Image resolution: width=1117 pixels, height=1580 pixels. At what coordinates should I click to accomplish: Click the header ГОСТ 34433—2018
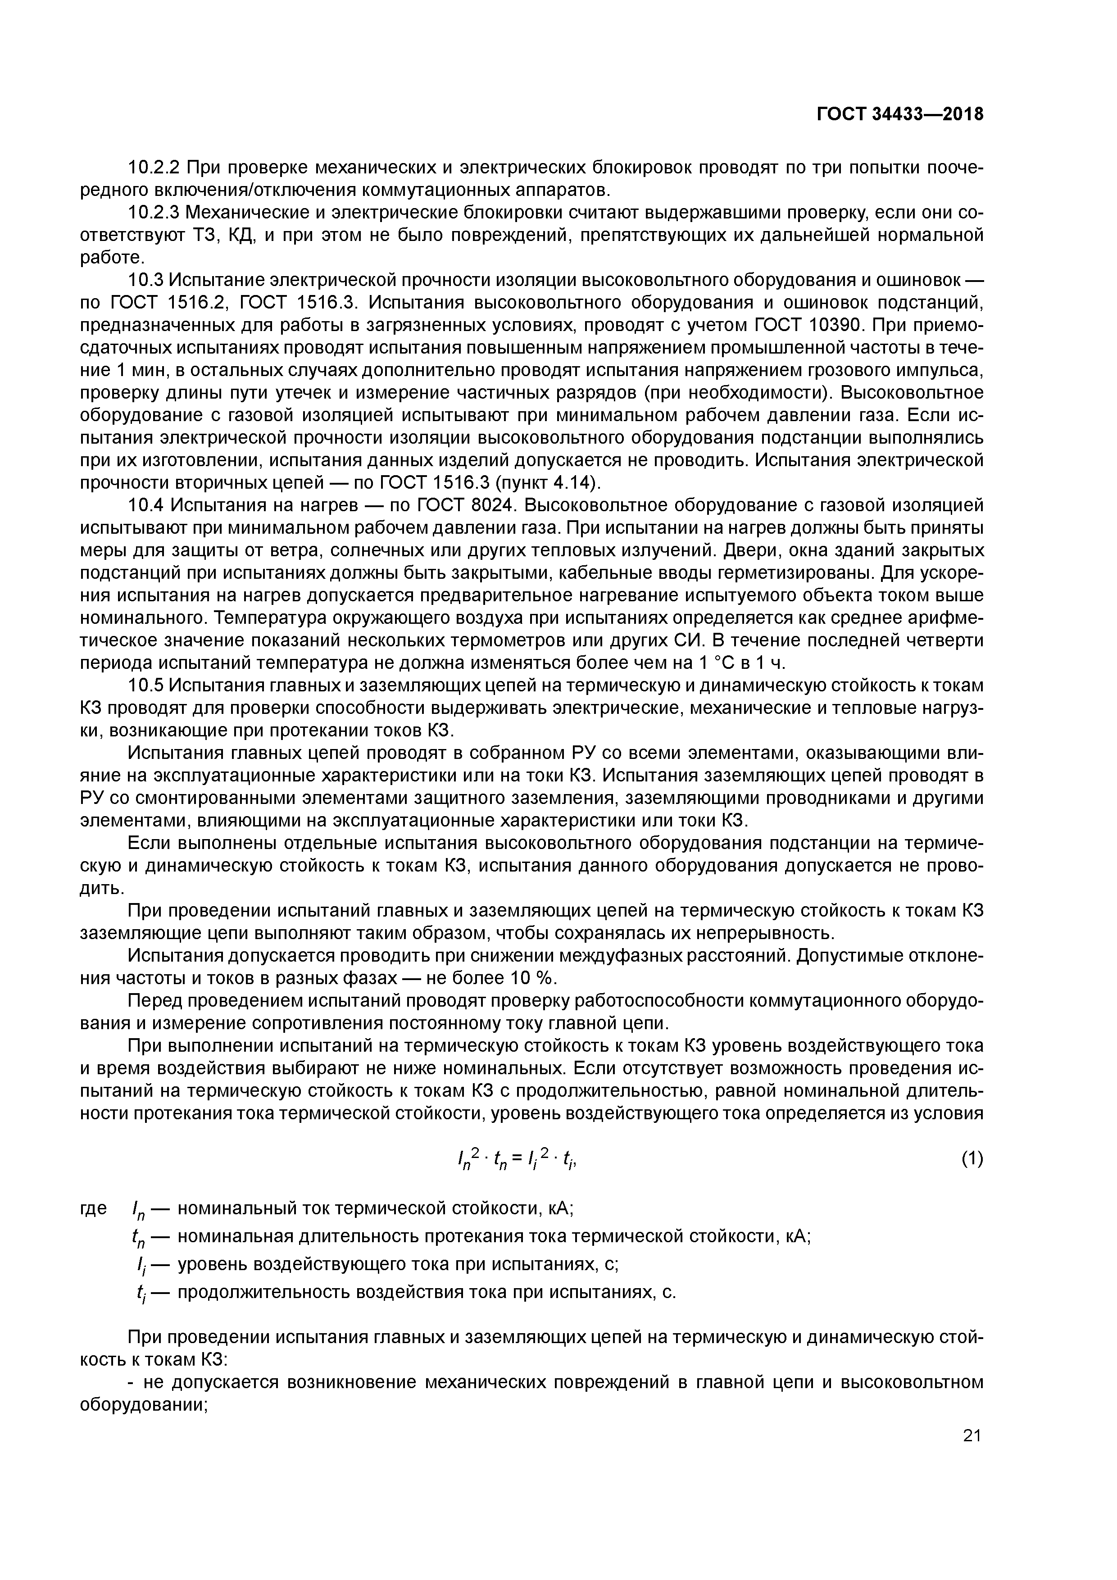(x=899, y=114)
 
